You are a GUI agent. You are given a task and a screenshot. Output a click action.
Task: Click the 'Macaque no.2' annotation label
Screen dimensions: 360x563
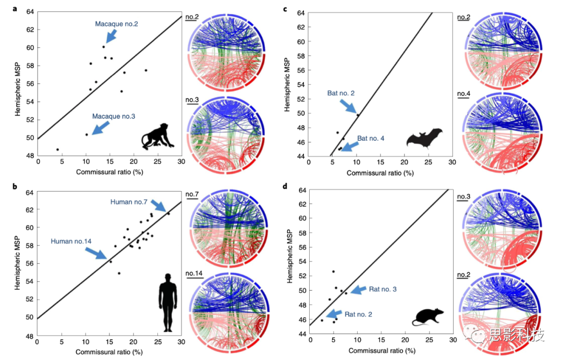[x=117, y=24]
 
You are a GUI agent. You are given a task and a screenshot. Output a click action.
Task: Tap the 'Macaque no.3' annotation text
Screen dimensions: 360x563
[x=114, y=117]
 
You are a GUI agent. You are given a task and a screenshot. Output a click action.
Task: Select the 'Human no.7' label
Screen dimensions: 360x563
[x=131, y=202]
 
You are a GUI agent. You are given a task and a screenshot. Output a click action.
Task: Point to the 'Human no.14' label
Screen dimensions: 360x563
[x=71, y=242]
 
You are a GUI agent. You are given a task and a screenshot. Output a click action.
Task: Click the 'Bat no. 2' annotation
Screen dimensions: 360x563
[x=341, y=93]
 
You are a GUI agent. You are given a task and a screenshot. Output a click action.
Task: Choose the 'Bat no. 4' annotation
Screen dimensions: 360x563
[x=371, y=139]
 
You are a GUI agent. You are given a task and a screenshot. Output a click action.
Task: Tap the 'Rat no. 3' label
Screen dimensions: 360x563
[x=383, y=289]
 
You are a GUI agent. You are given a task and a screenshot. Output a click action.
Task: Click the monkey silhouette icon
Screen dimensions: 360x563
[x=158, y=136]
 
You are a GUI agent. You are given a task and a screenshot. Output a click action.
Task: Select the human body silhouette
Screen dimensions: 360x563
[x=167, y=302]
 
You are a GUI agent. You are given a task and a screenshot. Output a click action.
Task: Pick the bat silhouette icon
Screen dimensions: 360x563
[x=424, y=139]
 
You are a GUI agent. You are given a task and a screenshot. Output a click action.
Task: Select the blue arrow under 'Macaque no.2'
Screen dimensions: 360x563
[x=112, y=35]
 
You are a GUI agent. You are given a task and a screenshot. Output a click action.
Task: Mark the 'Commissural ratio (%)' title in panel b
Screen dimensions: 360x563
[x=109, y=352]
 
